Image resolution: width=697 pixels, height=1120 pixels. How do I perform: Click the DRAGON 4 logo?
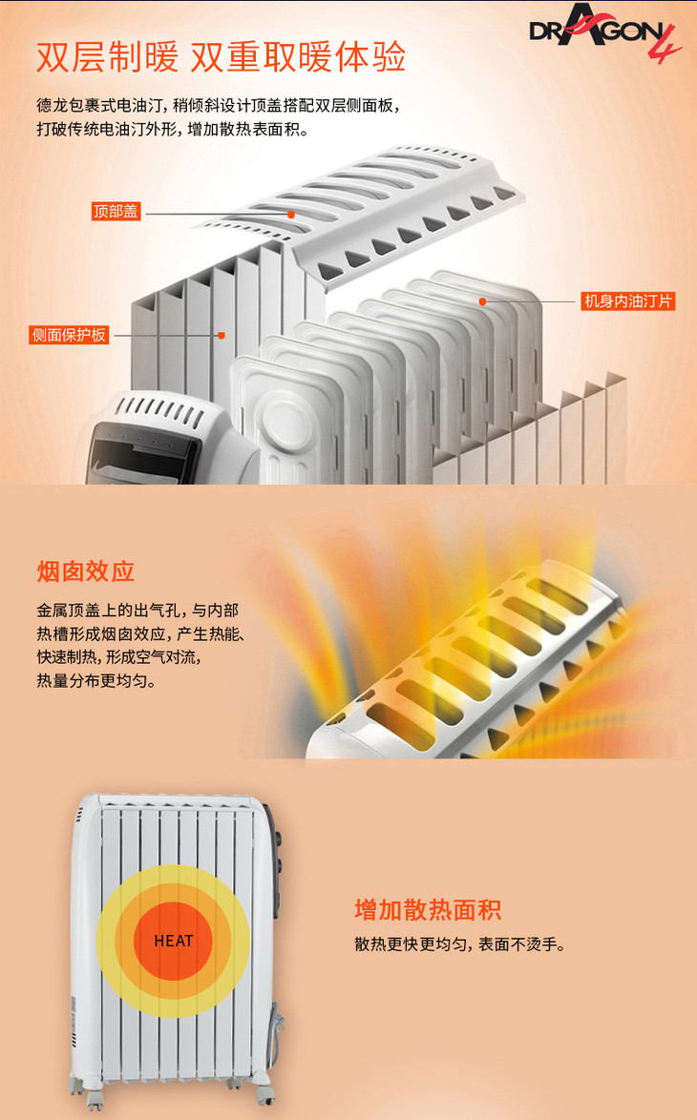pyautogui.click(x=604, y=32)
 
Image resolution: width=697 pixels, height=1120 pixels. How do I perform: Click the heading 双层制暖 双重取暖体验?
pyautogui.click(x=221, y=56)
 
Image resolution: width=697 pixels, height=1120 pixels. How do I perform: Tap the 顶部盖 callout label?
pyautogui.click(x=116, y=212)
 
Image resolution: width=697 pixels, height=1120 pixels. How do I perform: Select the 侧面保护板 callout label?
pyautogui.click(x=70, y=335)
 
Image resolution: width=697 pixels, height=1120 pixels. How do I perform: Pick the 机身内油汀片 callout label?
pyautogui.click(x=628, y=301)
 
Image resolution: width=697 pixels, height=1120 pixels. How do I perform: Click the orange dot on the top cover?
pyautogui.click(x=291, y=215)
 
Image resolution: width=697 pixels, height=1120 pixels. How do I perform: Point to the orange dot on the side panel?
pyautogui.click(x=222, y=335)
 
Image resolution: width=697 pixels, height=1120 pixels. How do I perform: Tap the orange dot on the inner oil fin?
pyautogui.click(x=482, y=301)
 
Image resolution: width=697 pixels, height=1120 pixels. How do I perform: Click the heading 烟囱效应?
pyautogui.click(x=86, y=571)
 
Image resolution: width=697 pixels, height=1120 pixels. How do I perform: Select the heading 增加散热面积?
pyautogui.click(x=428, y=910)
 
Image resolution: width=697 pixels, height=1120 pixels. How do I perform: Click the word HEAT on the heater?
pyautogui.click(x=174, y=941)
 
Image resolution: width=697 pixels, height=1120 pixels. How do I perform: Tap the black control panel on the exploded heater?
pyautogui.click(x=143, y=453)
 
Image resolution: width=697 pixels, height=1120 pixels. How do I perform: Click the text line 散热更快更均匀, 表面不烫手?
pyautogui.click(x=460, y=944)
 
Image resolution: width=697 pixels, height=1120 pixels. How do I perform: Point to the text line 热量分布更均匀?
pyautogui.click(x=96, y=680)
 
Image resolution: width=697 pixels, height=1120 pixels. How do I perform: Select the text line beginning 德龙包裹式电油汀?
pyautogui.click(x=218, y=106)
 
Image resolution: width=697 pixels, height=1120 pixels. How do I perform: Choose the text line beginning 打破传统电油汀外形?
pyautogui.click(x=172, y=130)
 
